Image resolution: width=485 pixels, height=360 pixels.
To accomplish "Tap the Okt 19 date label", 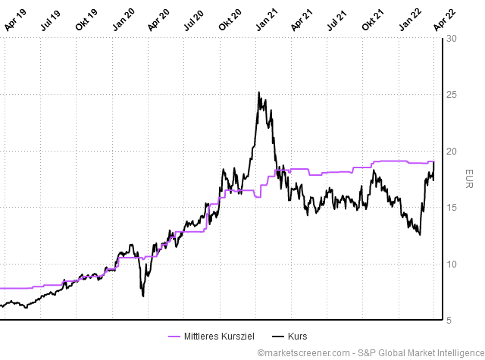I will [x=86, y=19].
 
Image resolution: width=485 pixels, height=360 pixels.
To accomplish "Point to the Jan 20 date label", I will [x=123, y=19].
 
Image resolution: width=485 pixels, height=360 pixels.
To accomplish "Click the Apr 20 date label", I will [x=158, y=19].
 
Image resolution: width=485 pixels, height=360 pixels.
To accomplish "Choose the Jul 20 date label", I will [x=194, y=19].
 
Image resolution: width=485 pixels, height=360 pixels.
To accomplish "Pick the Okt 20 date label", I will [x=230, y=19].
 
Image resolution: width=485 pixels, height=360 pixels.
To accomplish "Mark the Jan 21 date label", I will [x=266, y=19].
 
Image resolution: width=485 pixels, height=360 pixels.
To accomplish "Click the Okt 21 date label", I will [x=373, y=19].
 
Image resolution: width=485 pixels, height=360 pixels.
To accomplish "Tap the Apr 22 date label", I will [x=445, y=19].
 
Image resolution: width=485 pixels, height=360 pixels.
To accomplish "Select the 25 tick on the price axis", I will [x=452, y=95].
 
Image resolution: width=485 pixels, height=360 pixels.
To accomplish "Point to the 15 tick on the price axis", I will [x=452, y=208].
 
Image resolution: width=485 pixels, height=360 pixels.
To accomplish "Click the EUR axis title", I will [x=468, y=179].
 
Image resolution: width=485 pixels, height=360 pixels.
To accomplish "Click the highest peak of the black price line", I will [x=259, y=92].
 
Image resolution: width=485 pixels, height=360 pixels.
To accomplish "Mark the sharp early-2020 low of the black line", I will [x=143, y=296].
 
